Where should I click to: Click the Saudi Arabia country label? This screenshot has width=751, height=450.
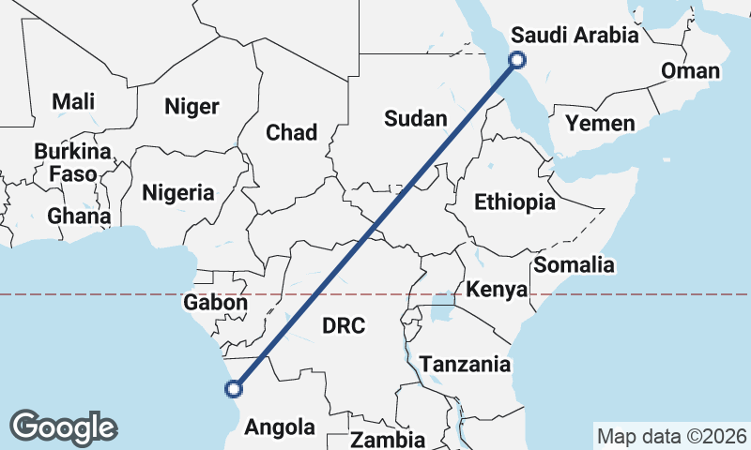click(575, 36)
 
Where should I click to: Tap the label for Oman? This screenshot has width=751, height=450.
click(690, 71)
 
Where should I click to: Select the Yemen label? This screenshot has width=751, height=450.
click(600, 123)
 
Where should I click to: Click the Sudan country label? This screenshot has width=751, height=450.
click(413, 118)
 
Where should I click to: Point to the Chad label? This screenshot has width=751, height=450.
click(291, 132)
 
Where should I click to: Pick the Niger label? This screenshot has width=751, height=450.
click(192, 106)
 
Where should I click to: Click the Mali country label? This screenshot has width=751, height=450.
click(73, 101)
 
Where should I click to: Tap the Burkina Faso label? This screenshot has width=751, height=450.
click(72, 162)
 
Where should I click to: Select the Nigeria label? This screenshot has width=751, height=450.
click(177, 193)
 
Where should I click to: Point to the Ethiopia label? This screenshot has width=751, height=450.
click(514, 202)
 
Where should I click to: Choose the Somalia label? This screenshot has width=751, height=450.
click(574, 265)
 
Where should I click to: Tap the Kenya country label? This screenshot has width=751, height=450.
click(497, 290)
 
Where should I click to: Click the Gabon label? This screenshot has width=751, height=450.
click(216, 303)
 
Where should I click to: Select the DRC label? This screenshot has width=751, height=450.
click(344, 326)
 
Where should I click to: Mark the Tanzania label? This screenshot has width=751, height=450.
click(465, 364)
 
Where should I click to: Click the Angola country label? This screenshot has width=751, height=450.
click(280, 427)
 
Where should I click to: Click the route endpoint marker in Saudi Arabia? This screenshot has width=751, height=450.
click(516, 61)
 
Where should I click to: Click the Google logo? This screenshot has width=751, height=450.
click(64, 427)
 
